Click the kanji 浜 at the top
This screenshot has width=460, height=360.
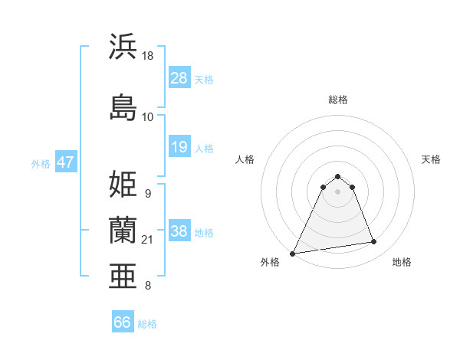123,47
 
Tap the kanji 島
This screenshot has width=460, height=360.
123,106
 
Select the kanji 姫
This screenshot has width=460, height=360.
123,184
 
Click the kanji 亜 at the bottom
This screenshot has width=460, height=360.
123,277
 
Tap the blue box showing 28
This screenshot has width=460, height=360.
179,78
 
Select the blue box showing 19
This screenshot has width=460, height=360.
179,147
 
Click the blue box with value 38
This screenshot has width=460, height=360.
179,232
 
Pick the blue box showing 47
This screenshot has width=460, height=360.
65,162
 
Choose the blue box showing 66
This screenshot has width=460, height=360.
123,322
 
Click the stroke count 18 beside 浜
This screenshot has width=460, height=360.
149,56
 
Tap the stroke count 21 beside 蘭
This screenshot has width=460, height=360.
149,240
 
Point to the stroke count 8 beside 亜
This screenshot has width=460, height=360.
147,286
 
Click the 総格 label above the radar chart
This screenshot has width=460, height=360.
338,100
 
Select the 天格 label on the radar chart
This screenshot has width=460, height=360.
432,159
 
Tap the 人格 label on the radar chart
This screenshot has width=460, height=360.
245,159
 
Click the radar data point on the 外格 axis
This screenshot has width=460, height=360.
293,253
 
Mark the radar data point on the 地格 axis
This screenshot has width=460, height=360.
374,242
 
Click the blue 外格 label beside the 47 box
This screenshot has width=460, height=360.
41,163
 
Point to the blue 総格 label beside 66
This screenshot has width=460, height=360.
147,324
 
